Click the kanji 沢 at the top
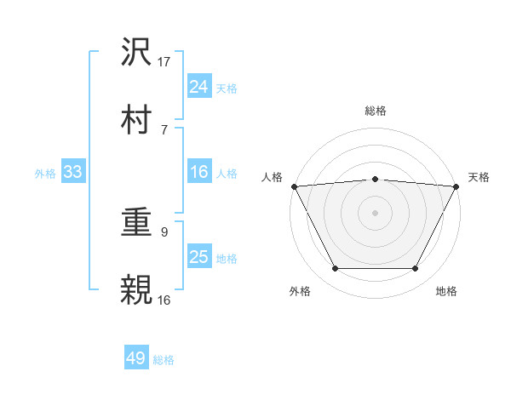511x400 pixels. (x=136, y=54)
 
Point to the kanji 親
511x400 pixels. (x=136, y=290)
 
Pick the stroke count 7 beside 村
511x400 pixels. (x=164, y=129)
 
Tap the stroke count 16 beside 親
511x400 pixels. (x=164, y=300)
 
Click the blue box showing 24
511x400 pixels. (x=198, y=86)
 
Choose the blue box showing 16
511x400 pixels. (x=198, y=172)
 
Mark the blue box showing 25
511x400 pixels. (x=198, y=257)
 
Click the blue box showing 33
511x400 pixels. (x=72, y=172)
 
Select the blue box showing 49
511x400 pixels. (x=136, y=358)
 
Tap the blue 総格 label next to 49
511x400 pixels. (x=164, y=360)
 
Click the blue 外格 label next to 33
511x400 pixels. (x=45, y=174)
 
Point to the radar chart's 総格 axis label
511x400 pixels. (x=376, y=111)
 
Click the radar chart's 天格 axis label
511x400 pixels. (x=479, y=177)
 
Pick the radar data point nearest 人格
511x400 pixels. (x=293, y=186)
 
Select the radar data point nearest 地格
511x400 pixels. (x=416, y=269)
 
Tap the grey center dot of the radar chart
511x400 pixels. (x=376, y=212)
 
